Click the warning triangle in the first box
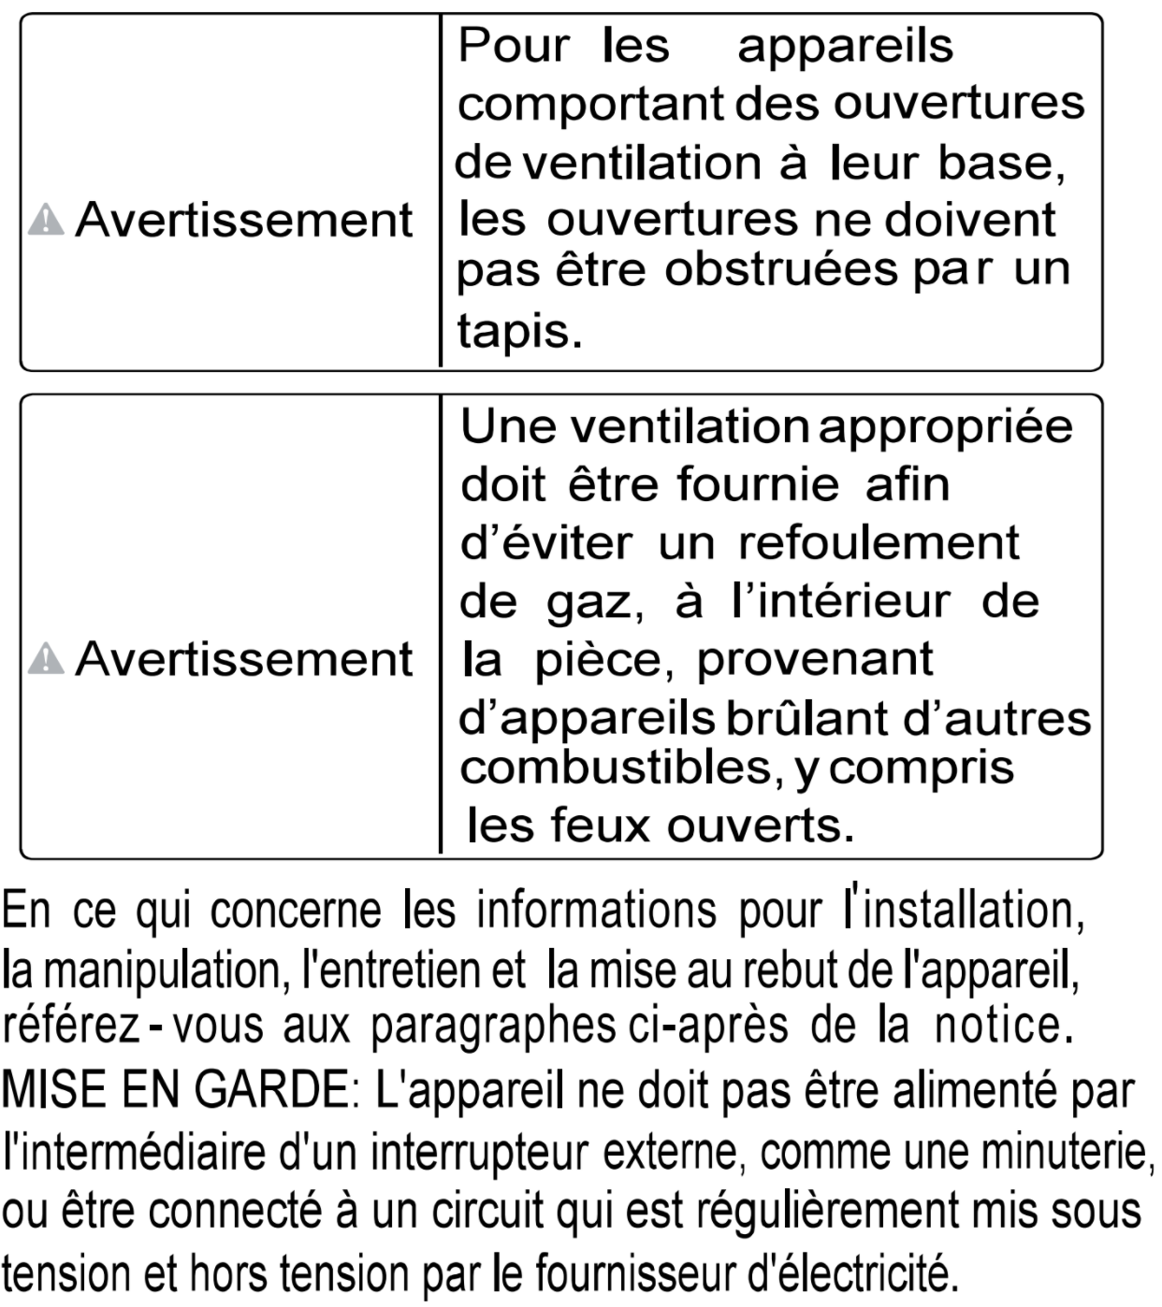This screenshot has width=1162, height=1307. pos(46,222)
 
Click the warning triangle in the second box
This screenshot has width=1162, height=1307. pos(46,660)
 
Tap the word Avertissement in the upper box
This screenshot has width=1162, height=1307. pos(243,221)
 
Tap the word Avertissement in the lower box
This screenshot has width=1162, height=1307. pos(243,659)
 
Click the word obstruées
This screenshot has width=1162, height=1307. pos(779,270)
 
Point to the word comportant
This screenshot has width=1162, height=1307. pos(590,104)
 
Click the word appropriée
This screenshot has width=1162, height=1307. pos(946,427)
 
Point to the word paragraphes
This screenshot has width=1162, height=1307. pos(492,1027)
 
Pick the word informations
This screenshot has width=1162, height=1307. pos(596,910)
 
